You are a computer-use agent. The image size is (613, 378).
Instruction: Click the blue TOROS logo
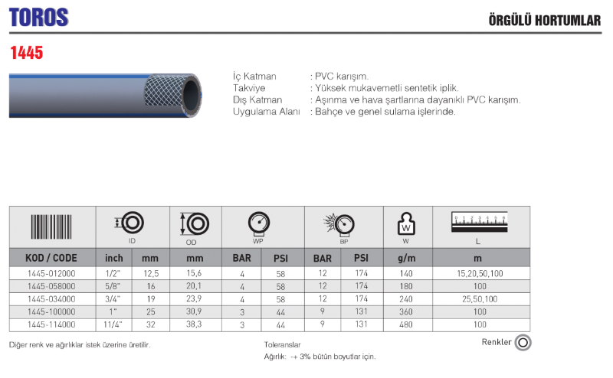point(39,18)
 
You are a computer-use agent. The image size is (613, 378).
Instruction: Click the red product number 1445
point(27,53)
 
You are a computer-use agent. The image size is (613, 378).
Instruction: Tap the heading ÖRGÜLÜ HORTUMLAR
point(545,20)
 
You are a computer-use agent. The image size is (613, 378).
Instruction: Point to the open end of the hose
point(191,96)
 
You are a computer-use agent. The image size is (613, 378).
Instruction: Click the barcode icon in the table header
point(51,226)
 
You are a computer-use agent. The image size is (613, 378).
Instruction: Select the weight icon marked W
point(406,223)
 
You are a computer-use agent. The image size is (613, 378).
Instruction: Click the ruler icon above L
point(480,222)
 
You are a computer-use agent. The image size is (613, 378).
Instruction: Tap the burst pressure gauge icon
point(339,224)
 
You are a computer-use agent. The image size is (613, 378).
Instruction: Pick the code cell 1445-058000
point(51,286)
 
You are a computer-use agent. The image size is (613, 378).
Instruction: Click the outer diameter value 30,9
point(194,311)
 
